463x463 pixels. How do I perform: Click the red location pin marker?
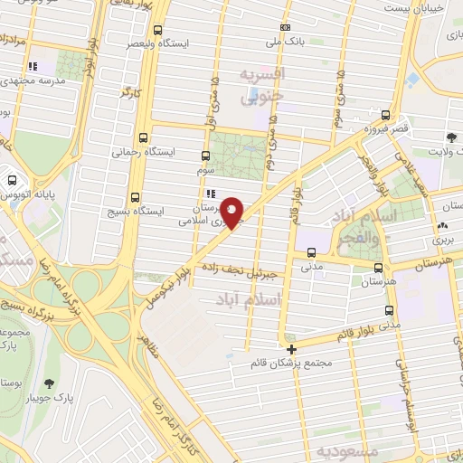[232, 212]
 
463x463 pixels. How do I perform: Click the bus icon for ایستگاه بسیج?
[136, 198]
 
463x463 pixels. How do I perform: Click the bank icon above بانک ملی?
[286, 27]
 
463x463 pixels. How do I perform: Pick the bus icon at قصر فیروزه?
[386, 115]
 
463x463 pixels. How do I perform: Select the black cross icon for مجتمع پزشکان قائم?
[291, 349]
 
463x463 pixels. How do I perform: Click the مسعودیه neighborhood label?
[342, 449]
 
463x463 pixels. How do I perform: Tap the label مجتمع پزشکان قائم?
[294, 364]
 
